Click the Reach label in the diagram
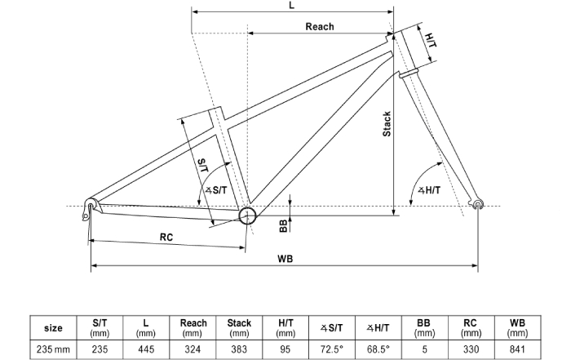320,26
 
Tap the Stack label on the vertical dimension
387,124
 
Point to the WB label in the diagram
285,259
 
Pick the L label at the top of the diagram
292,6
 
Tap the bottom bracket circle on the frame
247,215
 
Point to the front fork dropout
479,203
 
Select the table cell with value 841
517,349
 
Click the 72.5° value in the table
332,349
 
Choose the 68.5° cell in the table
378,349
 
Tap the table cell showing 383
239,349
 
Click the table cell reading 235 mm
53,349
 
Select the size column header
53,327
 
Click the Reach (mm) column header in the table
193,327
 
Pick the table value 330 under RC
471,349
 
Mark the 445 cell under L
146,349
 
